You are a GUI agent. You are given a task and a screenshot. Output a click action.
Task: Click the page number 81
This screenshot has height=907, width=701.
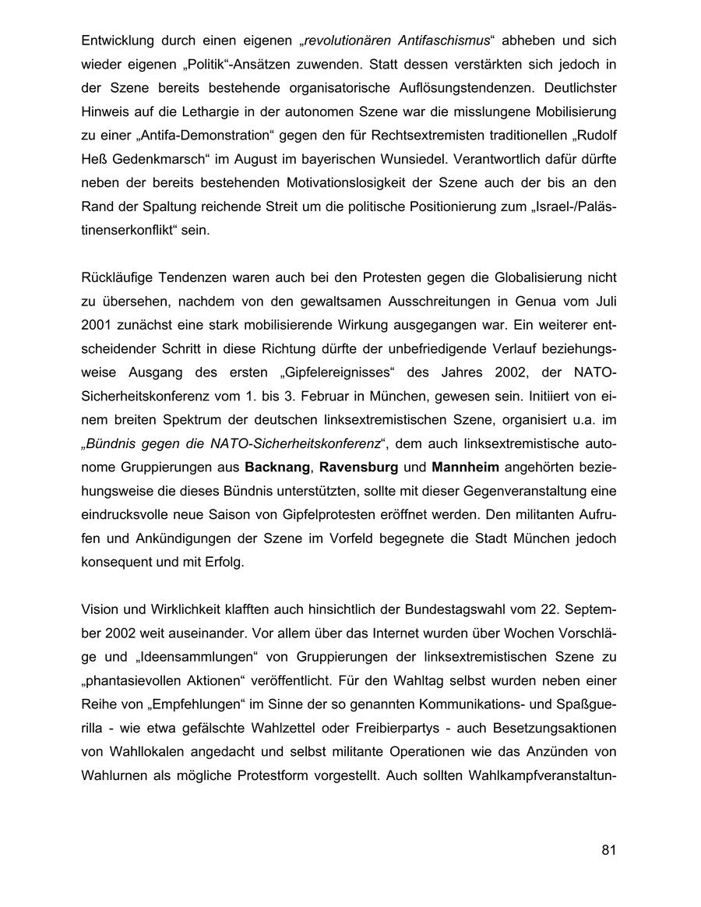608,849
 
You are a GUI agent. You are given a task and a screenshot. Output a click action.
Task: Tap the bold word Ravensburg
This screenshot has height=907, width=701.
358,468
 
